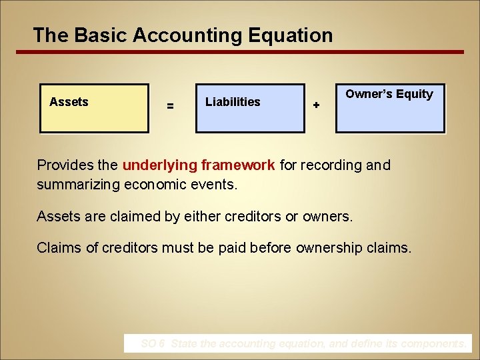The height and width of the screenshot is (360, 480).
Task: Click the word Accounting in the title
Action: (185, 35)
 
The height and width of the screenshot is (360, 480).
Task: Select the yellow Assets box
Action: (94, 108)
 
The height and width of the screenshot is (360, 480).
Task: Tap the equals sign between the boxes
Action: (170, 105)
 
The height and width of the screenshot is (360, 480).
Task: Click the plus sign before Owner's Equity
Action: (316, 105)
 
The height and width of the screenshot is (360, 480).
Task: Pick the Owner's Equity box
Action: (389, 108)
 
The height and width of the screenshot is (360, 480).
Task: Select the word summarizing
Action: (79, 184)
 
